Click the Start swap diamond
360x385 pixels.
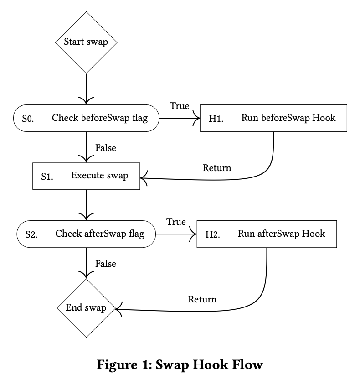pos(86,42)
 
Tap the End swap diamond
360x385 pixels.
pos(86,308)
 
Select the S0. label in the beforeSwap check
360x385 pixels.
pos(28,119)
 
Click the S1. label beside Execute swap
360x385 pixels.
pos(47,177)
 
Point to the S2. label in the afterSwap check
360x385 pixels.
pos(31,235)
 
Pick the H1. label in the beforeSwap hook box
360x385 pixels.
pos(216,119)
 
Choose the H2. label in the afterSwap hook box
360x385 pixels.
pos(213,235)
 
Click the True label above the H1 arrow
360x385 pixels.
pos(180,106)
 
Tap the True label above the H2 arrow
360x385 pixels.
pos(176,222)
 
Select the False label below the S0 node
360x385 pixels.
pos(106,148)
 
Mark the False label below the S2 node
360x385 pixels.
pos(106,264)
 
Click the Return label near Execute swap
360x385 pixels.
pos(217,168)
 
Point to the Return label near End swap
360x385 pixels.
pos(202,299)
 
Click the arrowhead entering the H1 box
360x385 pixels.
pos(197,118)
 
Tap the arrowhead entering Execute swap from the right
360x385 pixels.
pos(144,178)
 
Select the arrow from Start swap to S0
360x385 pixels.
pos(86,89)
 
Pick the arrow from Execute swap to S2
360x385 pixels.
pos(86,205)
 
